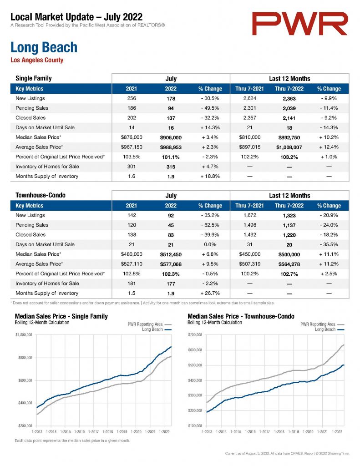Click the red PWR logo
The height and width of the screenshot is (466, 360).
click(x=299, y=24)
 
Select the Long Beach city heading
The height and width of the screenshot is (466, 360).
click(x=44, y=47)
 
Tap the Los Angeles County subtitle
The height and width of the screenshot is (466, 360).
click(x=37, y=60)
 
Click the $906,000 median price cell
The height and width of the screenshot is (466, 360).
click(x=171, y=137)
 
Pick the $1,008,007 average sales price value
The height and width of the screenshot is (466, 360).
click(x=289, y=147)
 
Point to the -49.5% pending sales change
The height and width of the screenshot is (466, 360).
click(x=210, y=108)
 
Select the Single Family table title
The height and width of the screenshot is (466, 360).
click(x=34, y=78)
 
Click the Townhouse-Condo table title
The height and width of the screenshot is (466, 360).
click(x=41, y=195)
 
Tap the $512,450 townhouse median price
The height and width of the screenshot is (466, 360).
click(x=171, y=255)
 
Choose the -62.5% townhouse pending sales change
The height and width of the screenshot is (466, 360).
click(x=210, y=225)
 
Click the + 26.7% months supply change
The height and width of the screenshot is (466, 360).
click(x=210, y=294)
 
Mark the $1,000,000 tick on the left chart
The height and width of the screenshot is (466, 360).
click(x=24, y=334)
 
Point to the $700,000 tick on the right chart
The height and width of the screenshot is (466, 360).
click(x=195, y=334)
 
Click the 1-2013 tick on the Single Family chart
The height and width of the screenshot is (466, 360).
click(x=37, y=431)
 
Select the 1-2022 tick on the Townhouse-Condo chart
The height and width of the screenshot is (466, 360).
click(x=337, y=431)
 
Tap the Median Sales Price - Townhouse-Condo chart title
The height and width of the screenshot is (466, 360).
click(x=241, y=317)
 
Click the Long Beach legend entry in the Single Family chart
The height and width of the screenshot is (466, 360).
click(x=157, y=329)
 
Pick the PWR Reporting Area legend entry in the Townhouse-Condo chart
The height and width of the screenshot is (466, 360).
click(x=322, y=324)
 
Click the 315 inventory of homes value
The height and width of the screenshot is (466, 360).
click(x=171, y=167)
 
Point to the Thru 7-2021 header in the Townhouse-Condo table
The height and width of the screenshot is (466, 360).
click(x=249, y=206)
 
